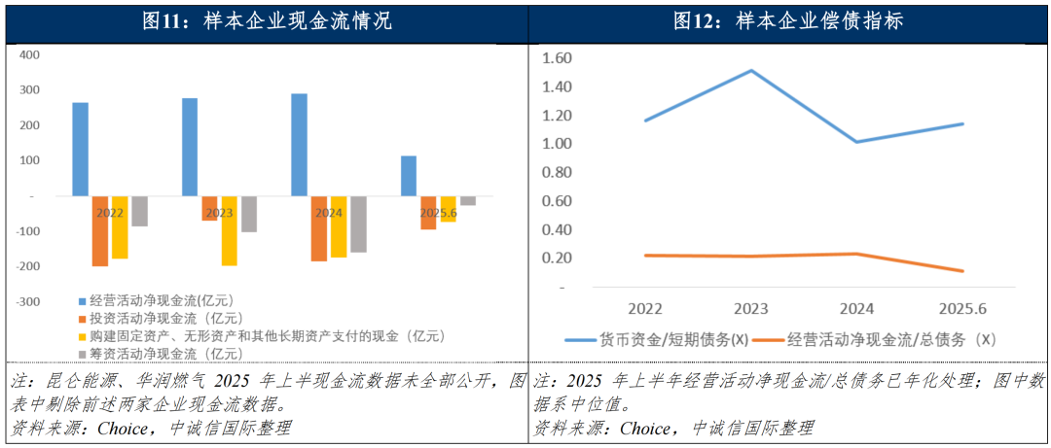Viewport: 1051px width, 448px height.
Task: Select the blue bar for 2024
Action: [x=299, y=145]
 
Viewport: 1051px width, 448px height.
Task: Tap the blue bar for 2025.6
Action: [x=409, y=176]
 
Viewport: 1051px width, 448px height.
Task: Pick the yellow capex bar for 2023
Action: [x=229, y=230]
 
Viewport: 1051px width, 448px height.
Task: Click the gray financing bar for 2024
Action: [x=358, y=224]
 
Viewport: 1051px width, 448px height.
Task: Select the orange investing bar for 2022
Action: [x=100, y=231]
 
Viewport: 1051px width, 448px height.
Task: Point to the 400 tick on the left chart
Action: [x=29, y=54]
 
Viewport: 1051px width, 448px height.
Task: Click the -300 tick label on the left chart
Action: [x=27, y=301]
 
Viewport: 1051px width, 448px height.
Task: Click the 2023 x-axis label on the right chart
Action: [x=750, y=308]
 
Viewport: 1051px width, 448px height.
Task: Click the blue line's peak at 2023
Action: [x=750, y=70]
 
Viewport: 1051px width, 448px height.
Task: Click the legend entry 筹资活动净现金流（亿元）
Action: [x=160, y=353]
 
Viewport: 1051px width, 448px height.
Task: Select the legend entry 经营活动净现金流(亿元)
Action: [x=156, y=300]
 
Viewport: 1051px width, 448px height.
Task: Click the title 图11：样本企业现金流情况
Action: [x=267, y=21]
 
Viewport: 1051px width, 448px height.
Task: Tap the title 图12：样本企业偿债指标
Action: [x=788, y=21]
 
